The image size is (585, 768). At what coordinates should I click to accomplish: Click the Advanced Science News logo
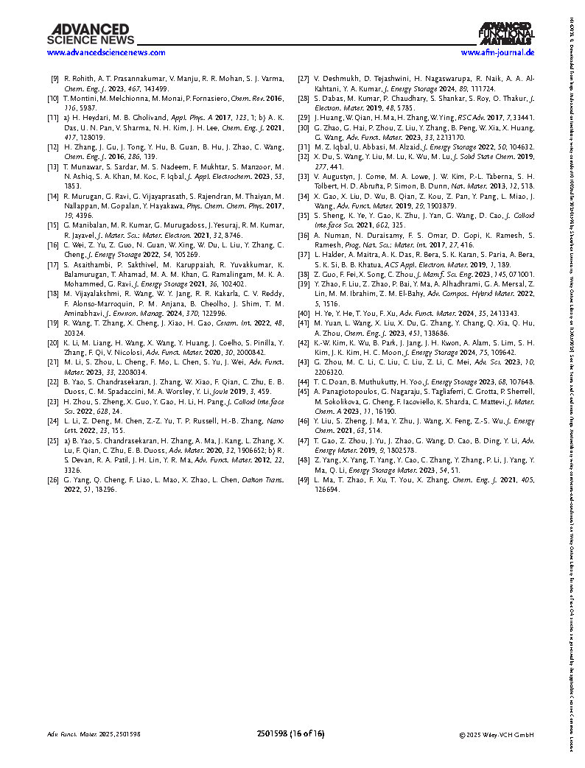coord(91,34)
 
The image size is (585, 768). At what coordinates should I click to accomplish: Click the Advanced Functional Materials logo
coord(505,34)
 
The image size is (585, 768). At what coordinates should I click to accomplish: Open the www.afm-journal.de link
coord(497,53)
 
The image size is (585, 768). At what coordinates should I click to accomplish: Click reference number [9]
coord(55,78)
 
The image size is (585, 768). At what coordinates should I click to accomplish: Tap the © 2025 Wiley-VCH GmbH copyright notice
coord(496,755)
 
